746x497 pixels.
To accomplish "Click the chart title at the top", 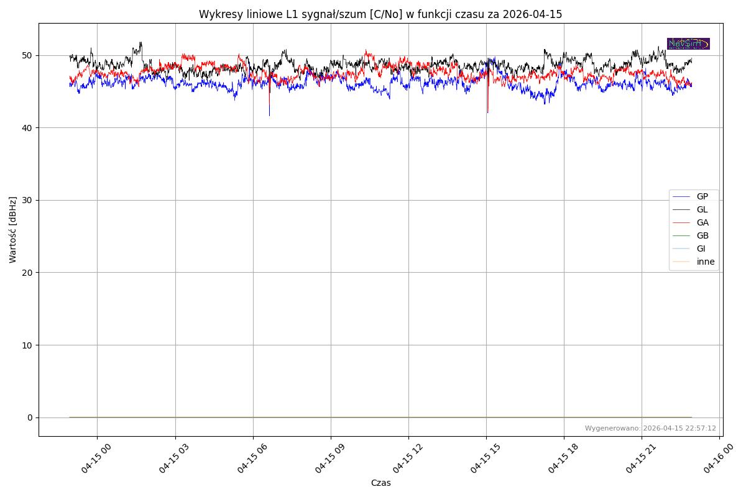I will tap(380, 14).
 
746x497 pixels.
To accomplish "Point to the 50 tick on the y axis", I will tap(27, 55).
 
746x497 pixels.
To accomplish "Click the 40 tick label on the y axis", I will tap(27, 128).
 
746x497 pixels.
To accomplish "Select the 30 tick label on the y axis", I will tap(27, 200).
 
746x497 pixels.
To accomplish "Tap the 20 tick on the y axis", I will tap(27, 273).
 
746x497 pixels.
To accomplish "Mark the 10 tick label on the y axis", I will tap(27, 345).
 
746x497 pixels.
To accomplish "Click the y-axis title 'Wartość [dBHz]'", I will tap(13, 230).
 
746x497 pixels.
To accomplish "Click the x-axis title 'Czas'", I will tap(380, 483).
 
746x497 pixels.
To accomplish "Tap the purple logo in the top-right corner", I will tap(688, 43).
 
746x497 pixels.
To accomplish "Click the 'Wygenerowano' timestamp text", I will tap(650, 428).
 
